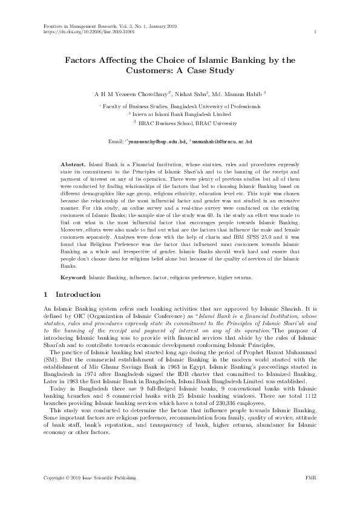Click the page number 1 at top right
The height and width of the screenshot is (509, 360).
click(316, 31)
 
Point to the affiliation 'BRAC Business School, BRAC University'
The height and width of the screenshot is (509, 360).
click(188, 122)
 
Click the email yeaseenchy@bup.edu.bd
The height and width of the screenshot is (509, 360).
click(157, 141)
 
